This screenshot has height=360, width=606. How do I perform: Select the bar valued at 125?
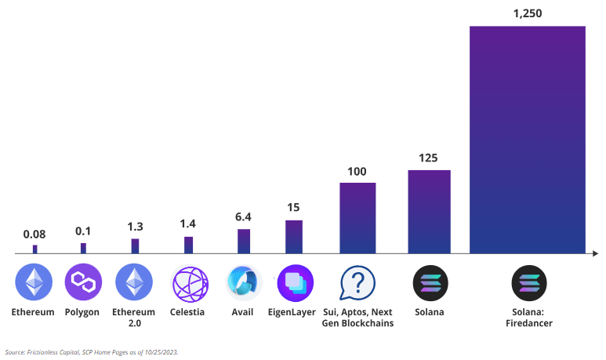tap(429, 212)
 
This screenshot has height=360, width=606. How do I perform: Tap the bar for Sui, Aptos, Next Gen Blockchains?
tap(357, 218)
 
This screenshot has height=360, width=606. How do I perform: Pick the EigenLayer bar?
tap(294, 237)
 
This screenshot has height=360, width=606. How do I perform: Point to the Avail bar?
tap(244, 242)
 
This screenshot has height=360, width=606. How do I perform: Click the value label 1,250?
tap(527, 13)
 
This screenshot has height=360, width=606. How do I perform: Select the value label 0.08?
tap(34, 234)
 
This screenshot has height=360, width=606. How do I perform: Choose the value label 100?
tap(357, 171)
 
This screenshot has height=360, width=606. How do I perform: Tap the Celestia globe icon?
tap(188, 283)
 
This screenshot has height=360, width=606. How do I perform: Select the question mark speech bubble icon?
tap(357, 283)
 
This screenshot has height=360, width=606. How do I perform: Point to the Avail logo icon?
tap(244, 283)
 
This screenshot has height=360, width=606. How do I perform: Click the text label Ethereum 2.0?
tap(133, 317)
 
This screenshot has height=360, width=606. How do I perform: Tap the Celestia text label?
tap(187, 312)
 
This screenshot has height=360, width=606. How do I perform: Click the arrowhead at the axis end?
tap(595, 253)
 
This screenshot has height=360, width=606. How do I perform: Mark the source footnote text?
tap(92, 352)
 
